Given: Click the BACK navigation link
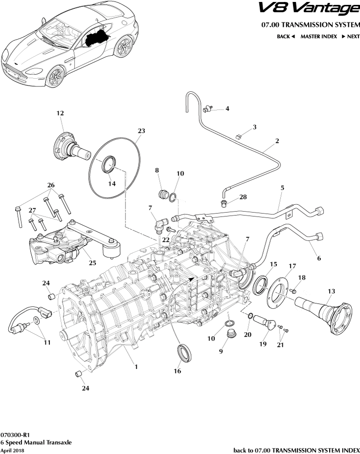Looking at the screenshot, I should tap(286, 37).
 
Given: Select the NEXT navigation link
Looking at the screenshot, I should tap(350, 37).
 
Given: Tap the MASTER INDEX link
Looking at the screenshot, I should tap(318, 37).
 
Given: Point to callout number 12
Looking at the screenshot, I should tap(60, 113).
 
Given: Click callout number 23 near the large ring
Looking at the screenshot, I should tap(141, 131).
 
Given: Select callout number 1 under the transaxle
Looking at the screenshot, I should tap(136, 367).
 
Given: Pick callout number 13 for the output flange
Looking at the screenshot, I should tap(331, 292).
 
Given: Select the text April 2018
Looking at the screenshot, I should tap(12, 450).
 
